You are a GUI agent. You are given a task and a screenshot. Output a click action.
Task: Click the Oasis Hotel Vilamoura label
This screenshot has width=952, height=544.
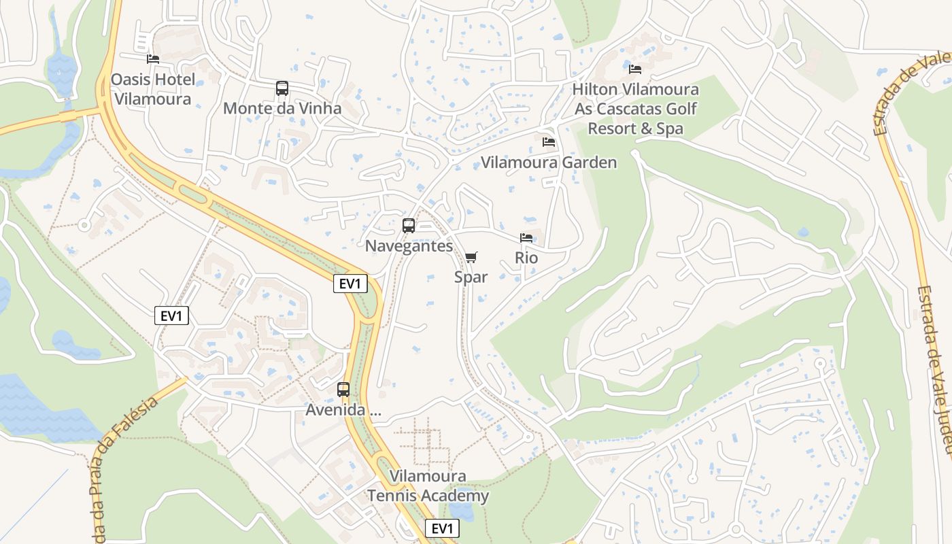click(x=153, y=89)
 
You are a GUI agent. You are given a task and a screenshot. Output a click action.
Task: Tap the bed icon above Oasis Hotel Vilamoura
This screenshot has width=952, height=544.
click(x=153, y=59)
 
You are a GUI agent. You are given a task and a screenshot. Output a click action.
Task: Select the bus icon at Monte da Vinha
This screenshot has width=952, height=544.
click(x=282, y=88)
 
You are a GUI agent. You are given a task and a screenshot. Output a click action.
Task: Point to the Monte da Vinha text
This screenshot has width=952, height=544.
click(x=282, y=109)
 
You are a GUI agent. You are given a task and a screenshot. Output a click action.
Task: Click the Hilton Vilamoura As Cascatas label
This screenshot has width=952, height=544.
click(x=635, y=109)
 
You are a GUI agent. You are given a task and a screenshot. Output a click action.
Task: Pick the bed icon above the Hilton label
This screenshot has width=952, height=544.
click(x=635, y=69)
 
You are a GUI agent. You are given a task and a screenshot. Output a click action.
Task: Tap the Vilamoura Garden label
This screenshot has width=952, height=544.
click(x=549, y=163)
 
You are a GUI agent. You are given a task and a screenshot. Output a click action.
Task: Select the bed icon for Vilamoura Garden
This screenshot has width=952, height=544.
click(x=549, y=142)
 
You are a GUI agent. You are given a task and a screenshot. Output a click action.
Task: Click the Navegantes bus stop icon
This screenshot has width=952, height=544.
click(x=409, y=226)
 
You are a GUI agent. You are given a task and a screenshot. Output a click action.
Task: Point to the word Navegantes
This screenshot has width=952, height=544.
click(x=409, y=246)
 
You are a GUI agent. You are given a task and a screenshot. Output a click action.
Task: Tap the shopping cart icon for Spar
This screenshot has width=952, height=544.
click(x=471, y=257)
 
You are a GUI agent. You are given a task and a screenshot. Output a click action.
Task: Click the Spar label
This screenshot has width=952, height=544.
click(x=471, y=277)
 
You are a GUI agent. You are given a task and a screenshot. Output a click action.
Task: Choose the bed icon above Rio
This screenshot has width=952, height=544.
click(x=526, y=238)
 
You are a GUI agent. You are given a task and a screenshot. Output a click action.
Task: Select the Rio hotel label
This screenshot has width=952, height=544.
click(x=526, y=258)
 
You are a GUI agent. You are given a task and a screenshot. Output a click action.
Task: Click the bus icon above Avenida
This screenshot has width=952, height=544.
click(x=343, y=390)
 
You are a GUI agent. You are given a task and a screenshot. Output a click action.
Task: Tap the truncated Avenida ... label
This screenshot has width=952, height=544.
click(x=343, y=410)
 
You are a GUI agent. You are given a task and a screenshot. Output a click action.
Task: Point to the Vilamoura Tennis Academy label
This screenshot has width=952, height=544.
click(x=428, y=486)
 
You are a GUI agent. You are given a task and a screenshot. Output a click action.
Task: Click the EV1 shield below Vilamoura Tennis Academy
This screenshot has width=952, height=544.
click(x=442, y=528)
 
